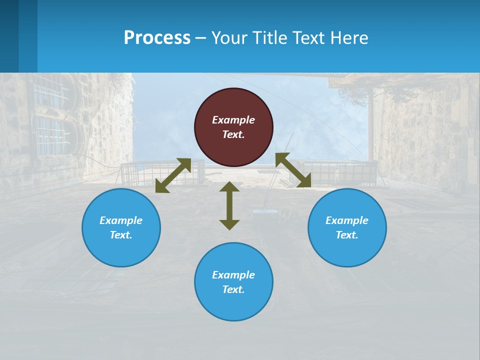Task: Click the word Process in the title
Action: (157, 38)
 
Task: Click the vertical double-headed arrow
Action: (229, 205)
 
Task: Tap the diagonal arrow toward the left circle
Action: (173, 175)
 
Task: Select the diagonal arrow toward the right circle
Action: (293, 170)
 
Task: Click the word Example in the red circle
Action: (233, 120)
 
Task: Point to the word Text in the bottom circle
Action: (233, 289)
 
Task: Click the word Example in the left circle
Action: (121, 220)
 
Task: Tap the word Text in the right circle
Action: (346, 235)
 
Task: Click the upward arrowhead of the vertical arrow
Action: (229, 186)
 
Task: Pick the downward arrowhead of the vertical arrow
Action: (229, 224)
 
